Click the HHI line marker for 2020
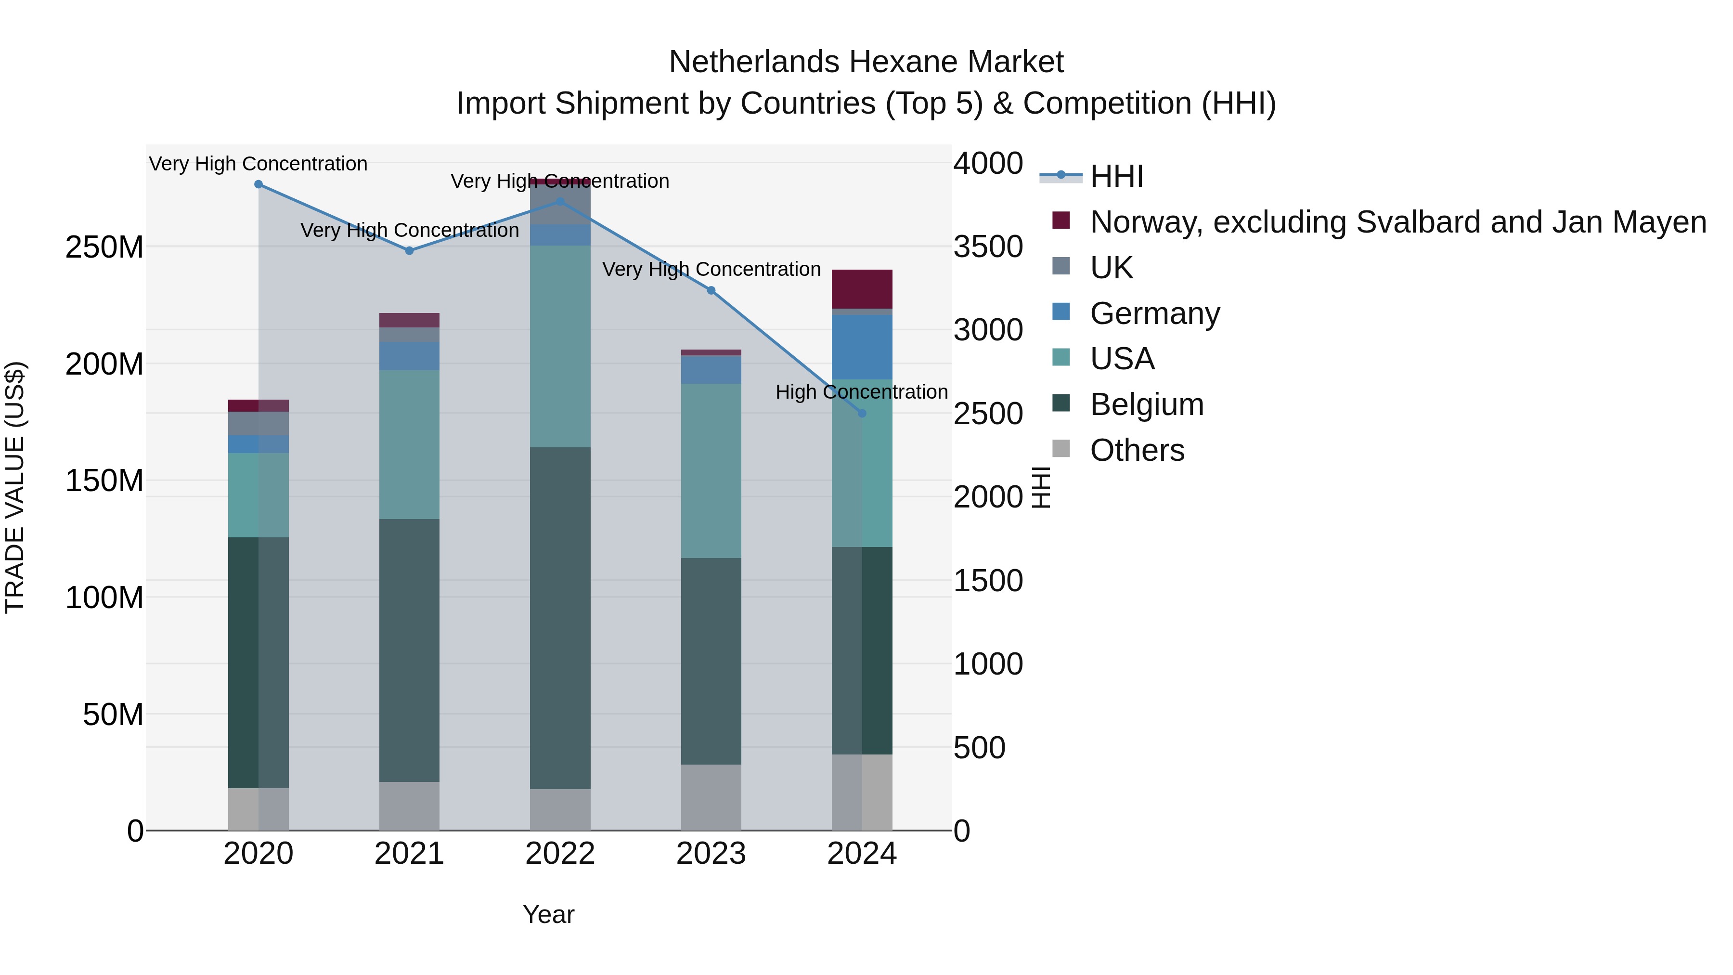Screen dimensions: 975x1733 pyautogui.click(x=259, y=184)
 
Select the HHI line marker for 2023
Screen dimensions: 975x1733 pyautogui.click(x=711, y=291)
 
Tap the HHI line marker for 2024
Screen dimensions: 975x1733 pyautogui.click(x=862, y=413)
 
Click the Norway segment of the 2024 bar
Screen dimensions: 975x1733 pyautogui.click(x=862, y=289)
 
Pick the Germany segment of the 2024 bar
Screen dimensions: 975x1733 pyautogui.click(x=862, y=347)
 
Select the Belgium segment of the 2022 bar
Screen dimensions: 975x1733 pyautogui.click(x=560, y=618)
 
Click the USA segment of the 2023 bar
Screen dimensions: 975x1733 pyautogui.click(x=711, y=471)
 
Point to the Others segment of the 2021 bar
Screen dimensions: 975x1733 pyautogui.click(x=409, y=806)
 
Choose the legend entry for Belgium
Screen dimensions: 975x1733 pyautogui.click(x=1146, y=405)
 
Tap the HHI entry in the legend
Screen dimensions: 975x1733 pyautogui.click(x=1117, y=176)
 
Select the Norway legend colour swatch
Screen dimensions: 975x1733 pyautogui.click(x=1061, y=221)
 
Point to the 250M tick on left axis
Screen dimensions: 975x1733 pyautogui.click(x=104, y=247)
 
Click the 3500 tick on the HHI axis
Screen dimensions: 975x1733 pyautogui.click(x=988, y=247)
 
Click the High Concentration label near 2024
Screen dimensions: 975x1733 pyautogui.click(x=861, y=391)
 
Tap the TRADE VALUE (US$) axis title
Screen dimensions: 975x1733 pyautogui.click(x=15, y=487)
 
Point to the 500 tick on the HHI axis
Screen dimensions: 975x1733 pyautogui.click(x=980, y=748)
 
